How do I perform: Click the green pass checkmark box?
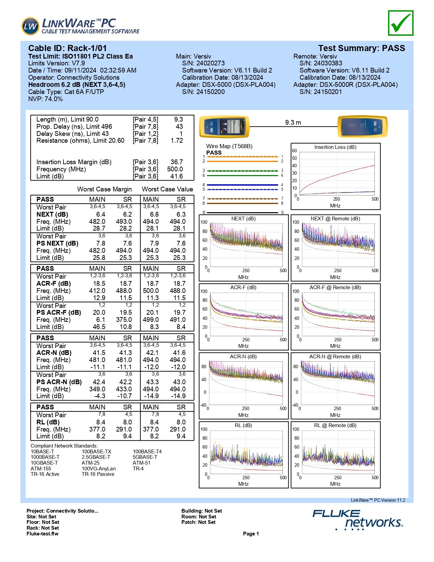coord(400,23)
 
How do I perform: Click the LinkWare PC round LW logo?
coord(30,26)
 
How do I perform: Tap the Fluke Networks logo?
coord(358,519)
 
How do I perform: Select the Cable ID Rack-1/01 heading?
coord(67,48)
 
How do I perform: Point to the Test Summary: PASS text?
coord(361,48)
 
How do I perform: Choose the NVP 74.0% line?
coord(45,99)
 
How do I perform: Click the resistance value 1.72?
coord(177,140)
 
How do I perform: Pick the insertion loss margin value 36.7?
coord(177,162)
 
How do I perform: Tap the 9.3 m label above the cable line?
coord(293,122)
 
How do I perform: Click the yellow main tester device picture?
coord(224,126)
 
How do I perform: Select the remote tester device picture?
coord(363,126)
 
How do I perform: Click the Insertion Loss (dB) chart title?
coord(335,147)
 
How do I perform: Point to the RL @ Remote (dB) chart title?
coord(335,425)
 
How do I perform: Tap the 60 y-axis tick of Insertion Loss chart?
coord(294,151)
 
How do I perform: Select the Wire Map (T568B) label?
coord(229,146)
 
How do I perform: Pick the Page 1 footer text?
coord(251,533)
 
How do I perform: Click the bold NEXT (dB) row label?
coord(52,214)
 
